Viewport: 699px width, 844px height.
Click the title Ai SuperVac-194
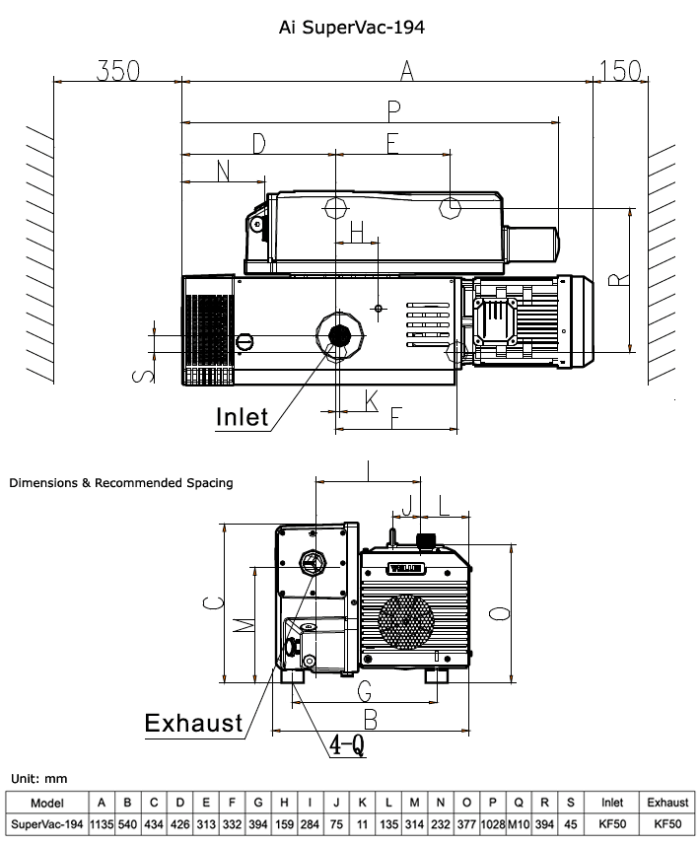point(352,28)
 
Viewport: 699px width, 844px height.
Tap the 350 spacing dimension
point(118,71)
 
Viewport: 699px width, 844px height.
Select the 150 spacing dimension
point(620,71)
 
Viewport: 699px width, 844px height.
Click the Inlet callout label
point(243,417)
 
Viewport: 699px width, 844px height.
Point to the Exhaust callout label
point(194,723)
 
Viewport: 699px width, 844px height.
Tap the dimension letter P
point(393,108)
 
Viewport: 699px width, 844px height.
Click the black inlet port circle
point(341,335)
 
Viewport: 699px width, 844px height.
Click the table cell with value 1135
point(102,823)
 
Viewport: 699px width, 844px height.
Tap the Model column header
point(47,802)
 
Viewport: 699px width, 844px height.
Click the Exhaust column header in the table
point(668,802)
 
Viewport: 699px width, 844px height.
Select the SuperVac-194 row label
point(47,823)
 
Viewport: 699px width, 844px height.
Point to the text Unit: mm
point(38,779)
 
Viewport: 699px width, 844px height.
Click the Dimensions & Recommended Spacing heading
point(121,483)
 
